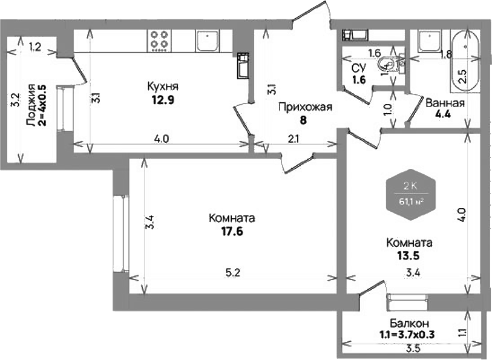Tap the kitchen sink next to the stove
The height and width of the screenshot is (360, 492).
(207, 41)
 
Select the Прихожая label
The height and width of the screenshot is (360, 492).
(306, 108)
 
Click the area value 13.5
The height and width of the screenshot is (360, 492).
(408, 255)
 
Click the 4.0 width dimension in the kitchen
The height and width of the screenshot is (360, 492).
(161, 139)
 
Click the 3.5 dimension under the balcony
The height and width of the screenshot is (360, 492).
(413, 349)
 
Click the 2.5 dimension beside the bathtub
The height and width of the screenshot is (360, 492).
(462, 77)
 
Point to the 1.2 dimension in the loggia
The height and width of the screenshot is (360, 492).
(35, 47)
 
